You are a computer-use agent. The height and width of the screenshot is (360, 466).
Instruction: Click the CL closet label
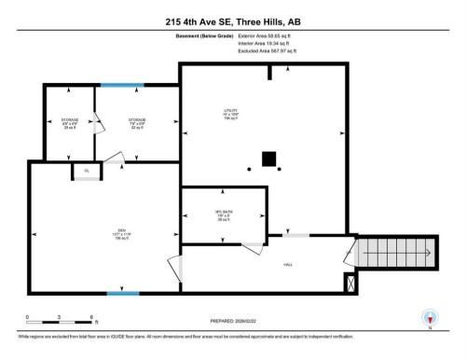86,171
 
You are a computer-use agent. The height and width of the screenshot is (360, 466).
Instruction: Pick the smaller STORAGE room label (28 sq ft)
69,121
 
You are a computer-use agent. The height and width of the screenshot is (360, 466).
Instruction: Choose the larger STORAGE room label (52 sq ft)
136,121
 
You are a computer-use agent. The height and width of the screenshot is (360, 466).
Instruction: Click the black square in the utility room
269,159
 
